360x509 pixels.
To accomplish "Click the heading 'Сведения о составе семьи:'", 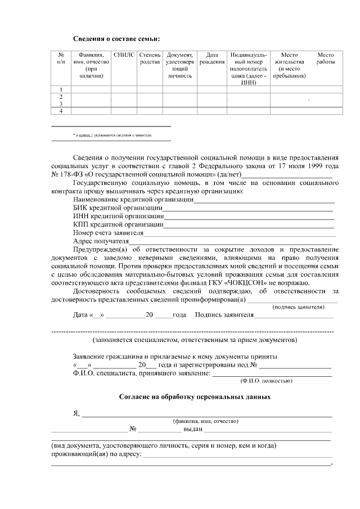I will click(x=116, y=39).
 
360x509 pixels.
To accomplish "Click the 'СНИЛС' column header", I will click(x=124, y=55).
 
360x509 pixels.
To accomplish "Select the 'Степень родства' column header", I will click(x=150, y=58).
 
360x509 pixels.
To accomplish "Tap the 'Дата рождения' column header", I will click(x=211, y=58).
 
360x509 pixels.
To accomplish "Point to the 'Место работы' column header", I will click(x=326, y=58).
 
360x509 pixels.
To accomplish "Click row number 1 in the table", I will click(x=61, y=89).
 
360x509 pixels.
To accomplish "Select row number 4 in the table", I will click(x=61, y=111).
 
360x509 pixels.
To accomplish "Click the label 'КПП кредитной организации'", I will click(x=118, y=224).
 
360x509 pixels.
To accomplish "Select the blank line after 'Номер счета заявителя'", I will click(x=240, y=233).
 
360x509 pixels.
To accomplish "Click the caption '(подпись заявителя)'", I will click(x=298, y=308).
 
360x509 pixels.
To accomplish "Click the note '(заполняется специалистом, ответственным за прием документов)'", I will click(x=193, y=341).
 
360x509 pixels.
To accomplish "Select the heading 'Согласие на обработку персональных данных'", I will click(x=195, y=397).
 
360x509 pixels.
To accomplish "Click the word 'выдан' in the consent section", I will click(x=192, y=429).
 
